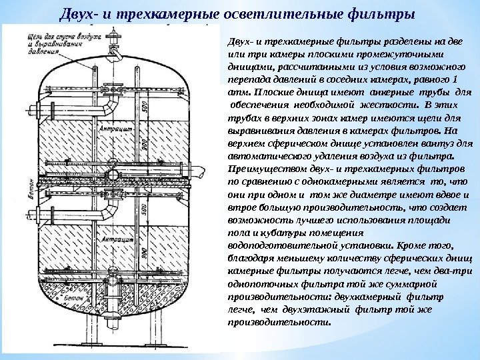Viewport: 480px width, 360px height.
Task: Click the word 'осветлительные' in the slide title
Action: (x=263, y=13)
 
